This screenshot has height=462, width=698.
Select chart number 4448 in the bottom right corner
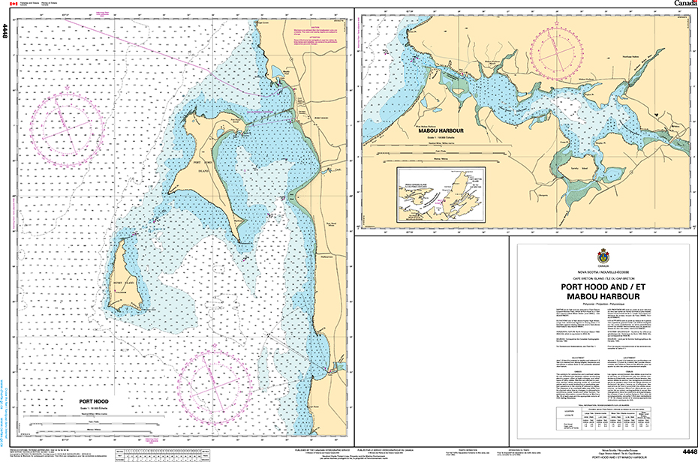point(685,451)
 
